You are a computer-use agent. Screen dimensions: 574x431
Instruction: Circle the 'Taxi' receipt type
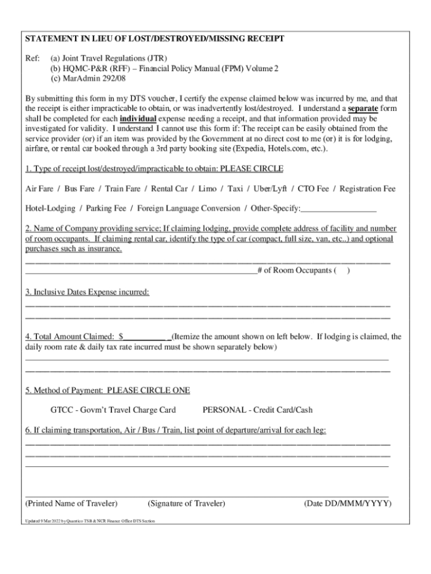tap(235, 189)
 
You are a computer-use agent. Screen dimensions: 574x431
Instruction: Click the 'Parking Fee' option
tap(106, 208)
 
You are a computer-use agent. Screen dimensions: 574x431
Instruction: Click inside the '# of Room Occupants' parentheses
tap(342, 271)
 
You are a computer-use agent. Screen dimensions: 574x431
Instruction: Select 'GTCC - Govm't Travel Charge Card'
tap(113, 410)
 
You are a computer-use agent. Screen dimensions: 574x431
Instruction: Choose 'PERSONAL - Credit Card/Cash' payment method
tap(257, 410)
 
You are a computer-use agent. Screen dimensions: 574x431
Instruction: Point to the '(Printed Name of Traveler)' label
tap(72, 503)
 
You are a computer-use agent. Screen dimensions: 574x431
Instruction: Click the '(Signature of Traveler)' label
tap(186, 503)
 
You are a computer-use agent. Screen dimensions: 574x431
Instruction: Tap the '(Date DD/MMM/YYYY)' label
tap(347, 503)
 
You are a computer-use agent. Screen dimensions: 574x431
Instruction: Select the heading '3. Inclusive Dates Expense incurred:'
tap(88, 292)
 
